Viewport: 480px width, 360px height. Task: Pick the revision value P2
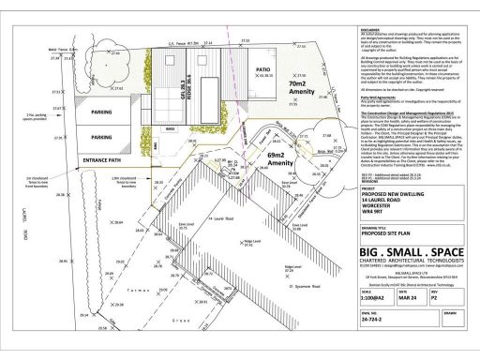pos(435,297)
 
